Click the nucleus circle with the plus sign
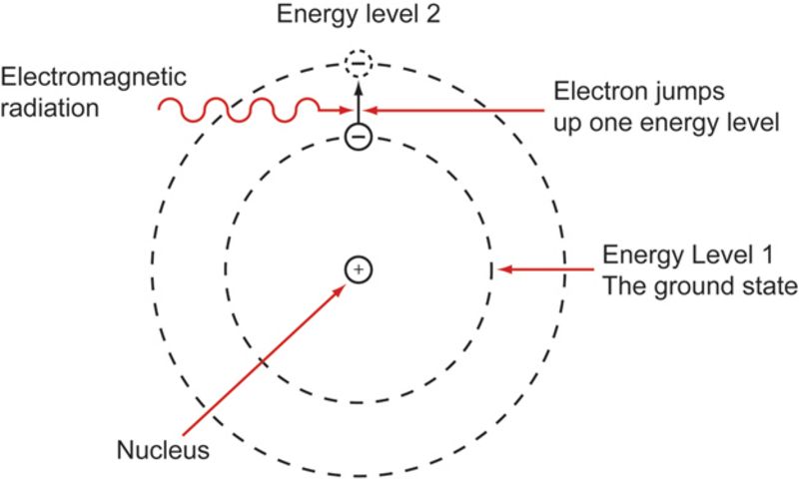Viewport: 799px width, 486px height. point(359,268)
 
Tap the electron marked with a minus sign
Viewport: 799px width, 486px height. point(358,136)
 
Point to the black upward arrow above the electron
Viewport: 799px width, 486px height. point(358,100)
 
